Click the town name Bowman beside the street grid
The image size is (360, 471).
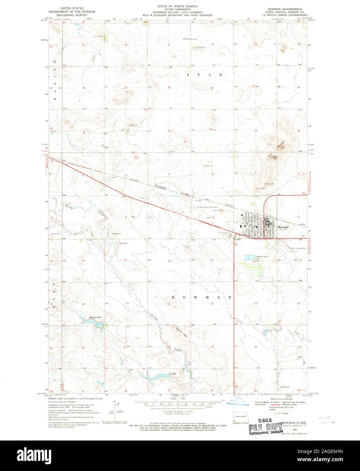pyautogui.click(x=283, y=227)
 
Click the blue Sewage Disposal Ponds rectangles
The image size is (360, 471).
pyautogui.click(x=250, y=258)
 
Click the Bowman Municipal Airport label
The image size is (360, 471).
pyautogui.click(x=210, y=206)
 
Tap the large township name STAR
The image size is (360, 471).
pyautogui.click(x=203, y=74)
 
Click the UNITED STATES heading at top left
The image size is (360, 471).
pyautogui.click(x=72, y=7)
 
